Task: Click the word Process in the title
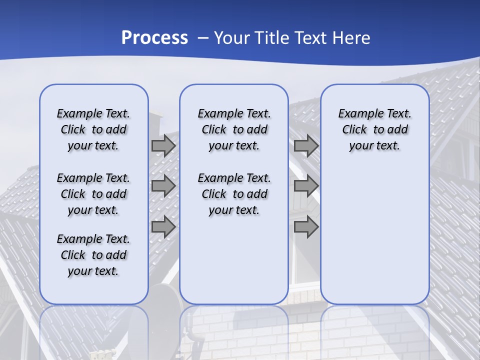click(154, 37)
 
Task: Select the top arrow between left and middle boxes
click(163, 146)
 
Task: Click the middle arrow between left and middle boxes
click(163, 186)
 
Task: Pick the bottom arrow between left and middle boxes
click(163, 227)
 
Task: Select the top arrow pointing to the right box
click(306, 146)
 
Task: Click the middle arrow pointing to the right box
click(306, 186)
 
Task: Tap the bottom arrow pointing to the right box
click(306, 227)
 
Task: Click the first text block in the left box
click(93, 129)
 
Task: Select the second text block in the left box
click(93, 194)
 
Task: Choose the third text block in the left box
click(93, 255)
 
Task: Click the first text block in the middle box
click(234, 129)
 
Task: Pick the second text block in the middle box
click(234, 194)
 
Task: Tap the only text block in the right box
click(374, 129)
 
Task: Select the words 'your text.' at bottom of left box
click(93, 271)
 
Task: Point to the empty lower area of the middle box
click(234, 260)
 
